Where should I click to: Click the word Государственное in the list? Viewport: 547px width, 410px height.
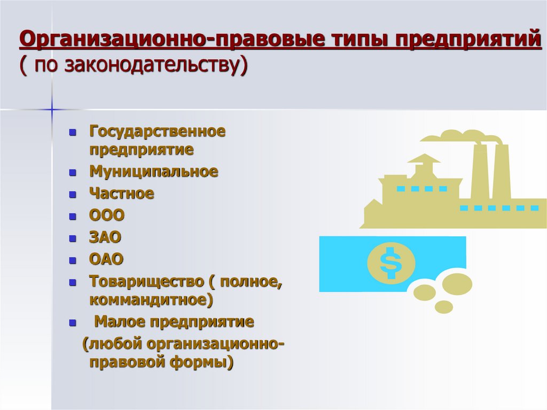tap(157, 131)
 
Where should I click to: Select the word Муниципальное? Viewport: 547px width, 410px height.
tap(153, 172)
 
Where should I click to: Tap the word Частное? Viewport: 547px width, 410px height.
tap(121, 194)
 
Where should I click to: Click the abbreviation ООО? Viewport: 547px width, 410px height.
tap(107, 215)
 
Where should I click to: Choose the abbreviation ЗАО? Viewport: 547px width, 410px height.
tap(106, 237)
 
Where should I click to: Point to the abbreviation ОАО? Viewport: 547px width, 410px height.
tap(106, 259)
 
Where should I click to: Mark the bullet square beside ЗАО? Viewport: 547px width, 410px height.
tap(73, 238)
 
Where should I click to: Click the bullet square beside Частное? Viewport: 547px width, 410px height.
tap(73, 194)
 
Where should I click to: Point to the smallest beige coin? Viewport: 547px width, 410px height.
tap(443, 307)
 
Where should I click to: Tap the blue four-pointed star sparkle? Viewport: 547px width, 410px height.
tap(52, 109)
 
